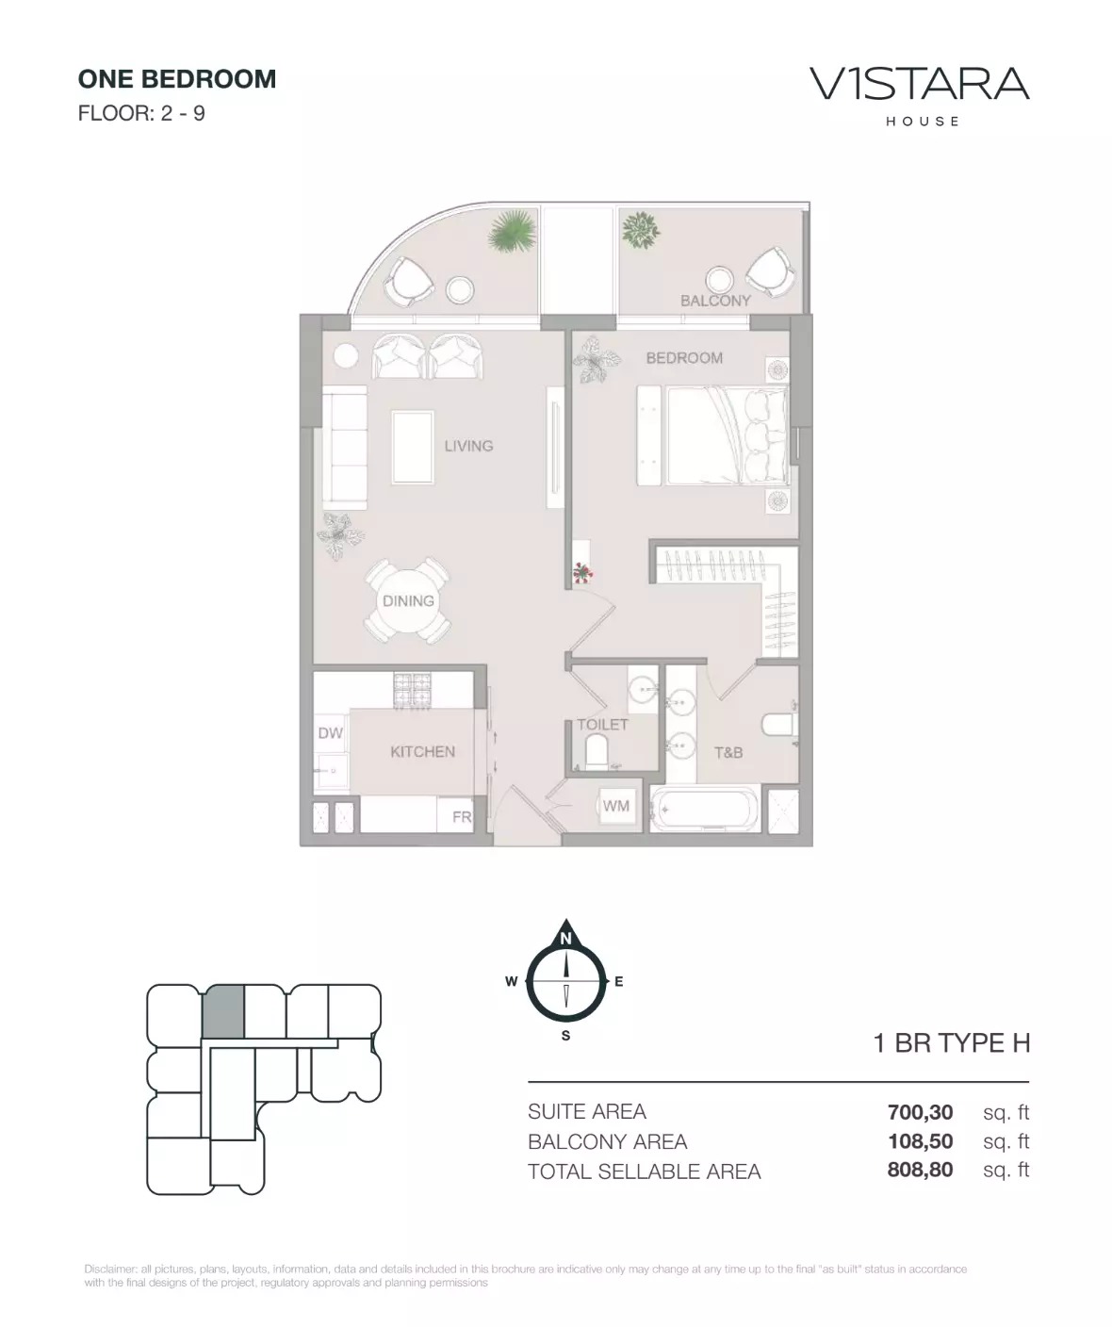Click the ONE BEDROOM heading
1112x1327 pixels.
[177, 79]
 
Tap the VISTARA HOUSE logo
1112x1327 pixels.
[919, 92]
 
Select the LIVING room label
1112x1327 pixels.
[468, 446]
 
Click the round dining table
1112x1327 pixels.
[408, 601]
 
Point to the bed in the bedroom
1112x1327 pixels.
[726, 435]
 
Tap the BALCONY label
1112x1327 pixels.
[715, 301]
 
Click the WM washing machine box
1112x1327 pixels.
[616, 806]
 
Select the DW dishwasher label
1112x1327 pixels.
[330, 733]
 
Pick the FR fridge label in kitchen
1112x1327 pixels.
[462, 816]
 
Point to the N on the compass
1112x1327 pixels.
[565, 939]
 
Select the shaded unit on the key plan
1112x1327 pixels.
[224, 1012]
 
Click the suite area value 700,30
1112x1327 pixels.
[920, 1112]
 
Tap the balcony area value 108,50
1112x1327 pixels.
[920, 1141]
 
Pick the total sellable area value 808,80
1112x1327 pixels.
[920, 1171]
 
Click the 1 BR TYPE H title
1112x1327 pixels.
[952, 1043]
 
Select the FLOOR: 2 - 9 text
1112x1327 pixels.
[141, 114]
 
